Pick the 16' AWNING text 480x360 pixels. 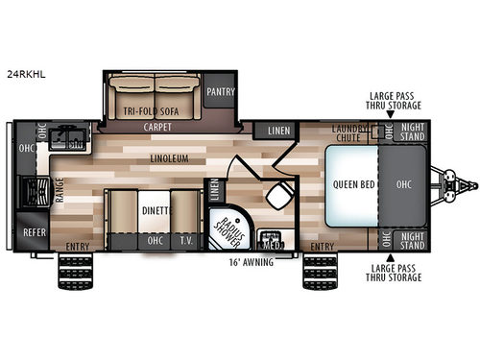pos(248,260)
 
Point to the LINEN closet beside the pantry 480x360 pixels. pos(278,131)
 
